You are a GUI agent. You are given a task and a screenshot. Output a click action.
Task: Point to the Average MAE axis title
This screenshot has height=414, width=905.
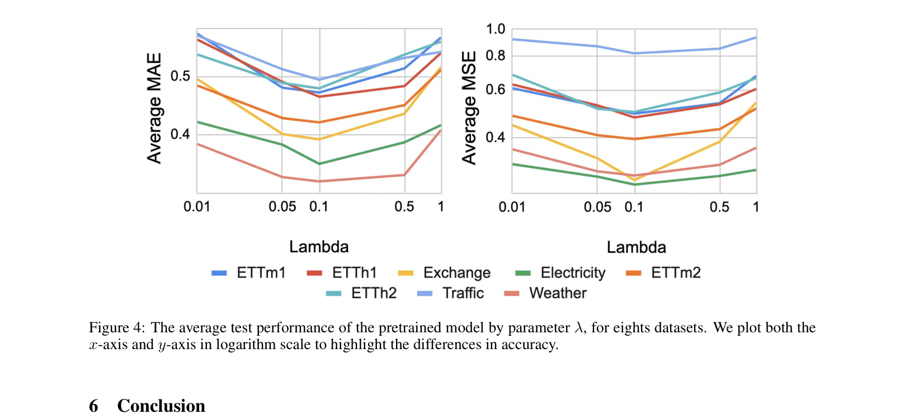point(154,108)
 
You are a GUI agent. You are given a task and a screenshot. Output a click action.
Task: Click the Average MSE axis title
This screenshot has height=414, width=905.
point(469,108)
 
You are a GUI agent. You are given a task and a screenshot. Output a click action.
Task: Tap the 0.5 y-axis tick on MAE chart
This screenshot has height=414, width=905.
point(180,76)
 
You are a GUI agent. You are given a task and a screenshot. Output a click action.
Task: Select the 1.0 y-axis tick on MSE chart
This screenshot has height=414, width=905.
point(495,29)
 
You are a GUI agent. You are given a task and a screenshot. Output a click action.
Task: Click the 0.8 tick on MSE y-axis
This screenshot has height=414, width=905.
point(495,55)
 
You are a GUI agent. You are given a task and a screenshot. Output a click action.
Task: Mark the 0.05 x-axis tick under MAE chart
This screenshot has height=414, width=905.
point(282,207)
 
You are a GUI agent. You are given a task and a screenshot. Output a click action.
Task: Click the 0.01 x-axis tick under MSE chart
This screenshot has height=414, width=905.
point(512,208)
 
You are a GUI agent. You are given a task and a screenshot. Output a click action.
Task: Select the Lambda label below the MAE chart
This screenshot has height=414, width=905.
point(319,247)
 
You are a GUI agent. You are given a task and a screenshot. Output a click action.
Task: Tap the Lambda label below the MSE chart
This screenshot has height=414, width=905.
point(636,247)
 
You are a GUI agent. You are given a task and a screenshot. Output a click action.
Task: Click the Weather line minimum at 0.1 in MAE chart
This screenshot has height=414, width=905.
point(320,181)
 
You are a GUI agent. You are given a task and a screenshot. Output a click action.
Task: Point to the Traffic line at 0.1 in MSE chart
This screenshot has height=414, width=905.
point(635,54)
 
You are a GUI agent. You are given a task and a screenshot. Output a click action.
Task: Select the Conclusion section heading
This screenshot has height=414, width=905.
point(161,406)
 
